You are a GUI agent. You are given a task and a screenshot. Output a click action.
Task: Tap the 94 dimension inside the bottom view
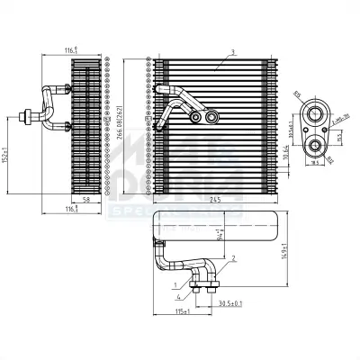pos(221,240)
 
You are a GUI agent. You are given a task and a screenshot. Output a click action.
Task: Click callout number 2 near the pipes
pos(233,258)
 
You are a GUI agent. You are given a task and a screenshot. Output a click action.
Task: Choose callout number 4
pos(181,296)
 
